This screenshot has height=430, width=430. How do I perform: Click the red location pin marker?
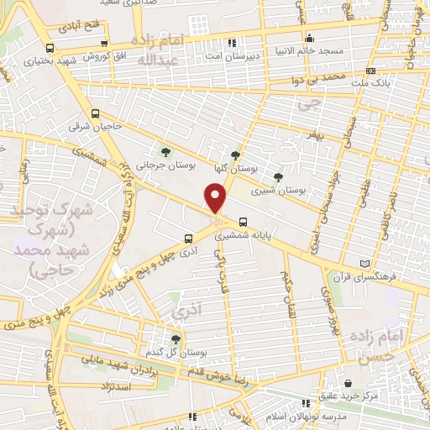[215, 198]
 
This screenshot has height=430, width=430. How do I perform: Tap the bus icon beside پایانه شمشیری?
[243, 223]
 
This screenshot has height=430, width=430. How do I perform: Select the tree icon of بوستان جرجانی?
[165, 152]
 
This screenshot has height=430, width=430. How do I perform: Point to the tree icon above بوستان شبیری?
[278, 176]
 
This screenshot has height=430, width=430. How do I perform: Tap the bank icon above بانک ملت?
[371, 72]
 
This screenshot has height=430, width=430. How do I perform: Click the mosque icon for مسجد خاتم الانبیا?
[309, 38]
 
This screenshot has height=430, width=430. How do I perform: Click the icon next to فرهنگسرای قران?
[364, 263]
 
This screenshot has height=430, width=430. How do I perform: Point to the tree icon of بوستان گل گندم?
[175, 339]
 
